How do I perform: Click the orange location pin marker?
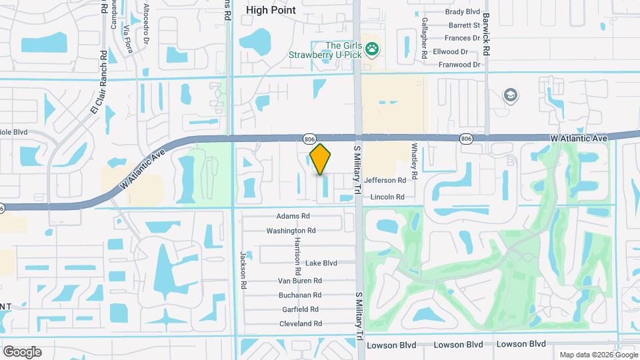pos(320,159)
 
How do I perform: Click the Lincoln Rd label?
pos(387,197)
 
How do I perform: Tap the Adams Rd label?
pos(293,216)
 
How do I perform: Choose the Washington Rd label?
pos(291,231)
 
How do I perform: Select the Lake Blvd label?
pos(321,263)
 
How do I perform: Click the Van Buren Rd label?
pos(299,281)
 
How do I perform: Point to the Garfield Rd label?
pos(300,309)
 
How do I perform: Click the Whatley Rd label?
pos(414,160)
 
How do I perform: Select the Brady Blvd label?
pos(463,12)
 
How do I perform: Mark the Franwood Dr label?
pos(459,65)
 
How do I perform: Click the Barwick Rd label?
pos(487,33)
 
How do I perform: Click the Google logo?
pos(22,351)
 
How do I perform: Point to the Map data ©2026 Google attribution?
pos(597,355)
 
